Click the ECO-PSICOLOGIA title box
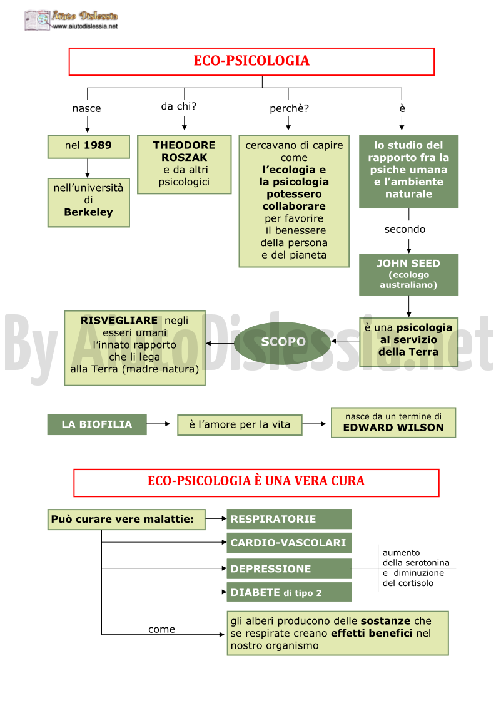(x=251, y=61)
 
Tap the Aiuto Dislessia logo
(x=71, y=20)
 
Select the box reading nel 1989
(x=89, y=146)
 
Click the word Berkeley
(x=88, y=212)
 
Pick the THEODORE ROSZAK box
(x=184, y=165)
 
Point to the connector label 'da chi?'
(x=179, y=106)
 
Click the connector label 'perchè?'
(x=289, y=108)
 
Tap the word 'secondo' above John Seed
(x=405, y=229)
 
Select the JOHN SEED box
(x=408, y=274)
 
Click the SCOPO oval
(x=283, y=342)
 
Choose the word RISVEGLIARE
(x=119, y=321)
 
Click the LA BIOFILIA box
(x=97, y=424)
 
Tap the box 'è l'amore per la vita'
(x=240, y=424)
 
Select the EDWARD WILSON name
(x=393, y=428)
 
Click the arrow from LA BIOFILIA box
(x=159, y=424)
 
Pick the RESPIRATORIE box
(x=289, y=519)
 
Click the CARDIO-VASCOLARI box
(x=289, y=543)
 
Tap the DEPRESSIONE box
(x=289, y=568)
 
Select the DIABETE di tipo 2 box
(x=289, y=592)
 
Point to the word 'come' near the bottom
(x=162, y=629)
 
